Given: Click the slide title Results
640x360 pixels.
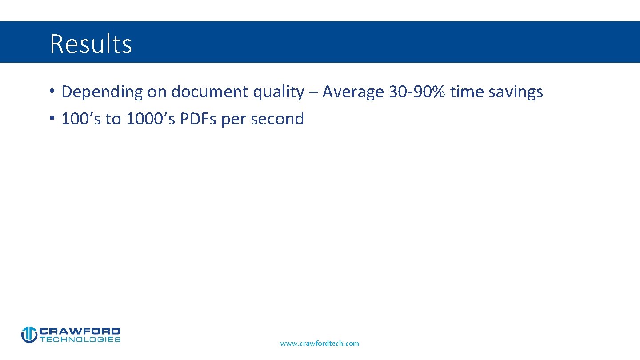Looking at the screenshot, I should (91, 44).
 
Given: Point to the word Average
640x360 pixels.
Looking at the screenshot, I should (353, 92).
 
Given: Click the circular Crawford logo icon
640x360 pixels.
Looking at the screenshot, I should (29, 335).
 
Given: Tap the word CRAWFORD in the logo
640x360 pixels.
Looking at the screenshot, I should (80, 331).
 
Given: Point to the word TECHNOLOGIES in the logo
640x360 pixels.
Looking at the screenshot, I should (80, 340).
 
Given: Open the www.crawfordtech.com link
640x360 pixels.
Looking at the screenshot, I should (320, 344).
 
